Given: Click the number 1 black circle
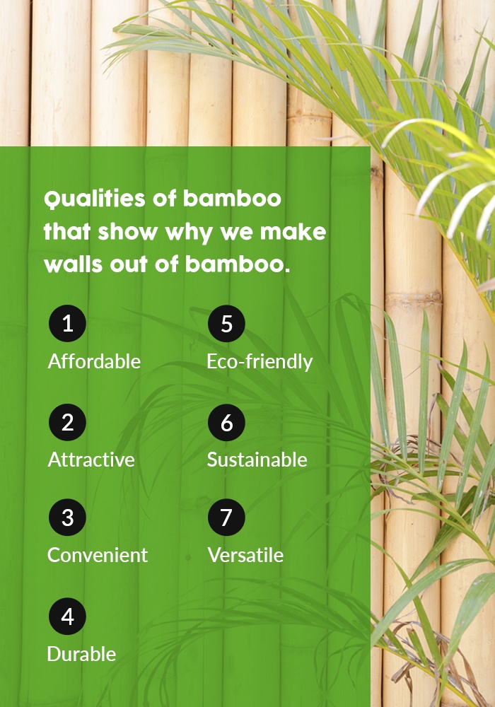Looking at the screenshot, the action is (68, 323).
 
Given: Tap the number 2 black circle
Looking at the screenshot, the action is (68, 423).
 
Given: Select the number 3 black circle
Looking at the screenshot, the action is (68, 518).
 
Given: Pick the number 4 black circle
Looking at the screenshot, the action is (68, 617).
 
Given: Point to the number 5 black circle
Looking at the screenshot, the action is (226, 323).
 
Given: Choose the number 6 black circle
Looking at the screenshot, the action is (226, 423).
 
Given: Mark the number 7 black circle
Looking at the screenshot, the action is (226, 518).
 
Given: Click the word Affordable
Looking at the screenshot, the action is (94, 361).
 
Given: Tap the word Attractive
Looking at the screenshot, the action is (91, 460).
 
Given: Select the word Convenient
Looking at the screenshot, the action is (98, 555).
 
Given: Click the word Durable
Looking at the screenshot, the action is (81, 654).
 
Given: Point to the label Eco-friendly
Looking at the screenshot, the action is (260, 362).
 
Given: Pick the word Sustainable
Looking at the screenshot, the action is (257, 460).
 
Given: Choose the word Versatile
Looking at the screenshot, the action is (245, 555).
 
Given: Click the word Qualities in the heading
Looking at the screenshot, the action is (95, 199).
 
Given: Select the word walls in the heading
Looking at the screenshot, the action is (74, 264).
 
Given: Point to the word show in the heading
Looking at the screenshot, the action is (127, 231).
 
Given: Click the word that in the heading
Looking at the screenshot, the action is (67, 231).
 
